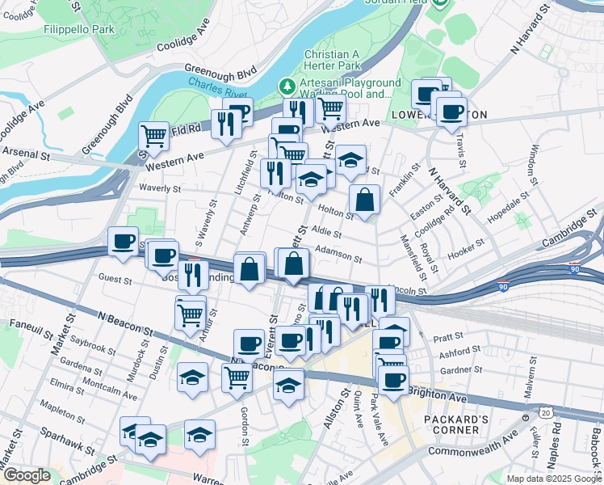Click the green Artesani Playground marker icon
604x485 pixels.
[286, 85]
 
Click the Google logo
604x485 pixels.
[27, 475]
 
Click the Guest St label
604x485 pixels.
[115, 280]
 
